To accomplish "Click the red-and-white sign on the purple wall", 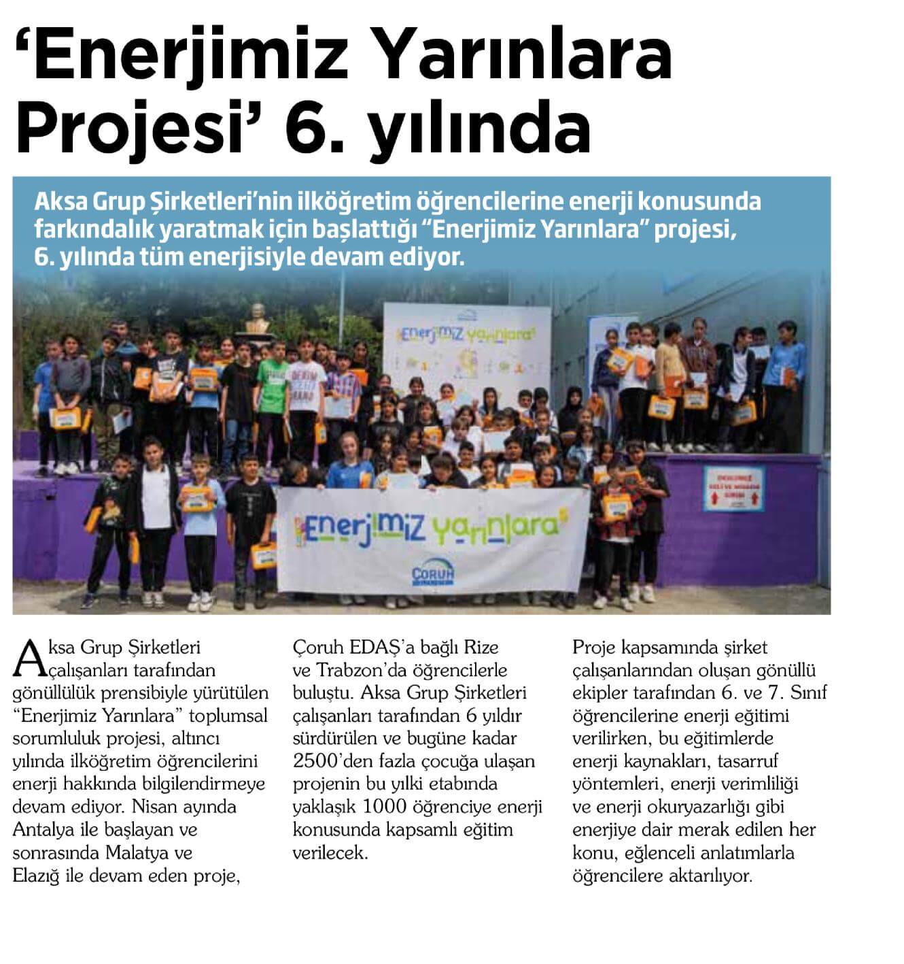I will click(x=734, y=486).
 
